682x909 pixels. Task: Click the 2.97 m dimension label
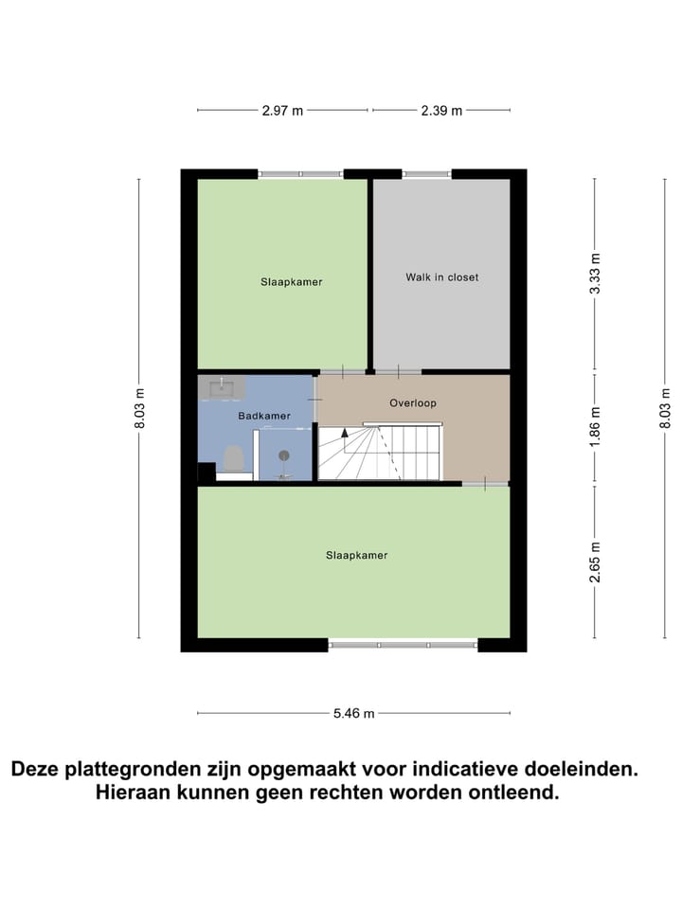tap(282, 111)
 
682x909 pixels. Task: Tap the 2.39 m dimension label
tap(441, 111)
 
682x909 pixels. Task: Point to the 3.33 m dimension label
tap(596, 274)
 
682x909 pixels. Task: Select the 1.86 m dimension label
tap(596, 427)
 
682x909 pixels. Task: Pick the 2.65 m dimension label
tap(596, 561)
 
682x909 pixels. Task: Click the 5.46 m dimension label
tap(353, 713)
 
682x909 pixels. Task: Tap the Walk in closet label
tap(441, 277)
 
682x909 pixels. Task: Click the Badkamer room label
tap(264, 416)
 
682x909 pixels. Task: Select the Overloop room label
tap(413, 403)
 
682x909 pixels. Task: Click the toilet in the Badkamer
tap(233, 459)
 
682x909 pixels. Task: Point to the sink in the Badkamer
tap(223, 385)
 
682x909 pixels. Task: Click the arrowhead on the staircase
tap(345, 432)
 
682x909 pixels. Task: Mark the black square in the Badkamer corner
tap(206, 472)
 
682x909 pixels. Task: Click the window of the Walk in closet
tap(426, 174)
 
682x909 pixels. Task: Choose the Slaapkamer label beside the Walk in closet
tap(292, 281)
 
